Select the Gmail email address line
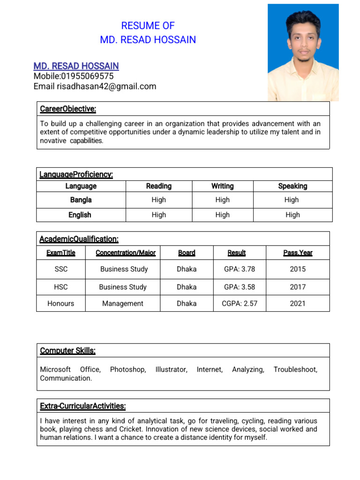click(x=95, y=86)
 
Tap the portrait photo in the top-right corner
click(x=303, y=52)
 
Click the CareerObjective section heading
click(x=68, y=109)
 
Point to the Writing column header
click(x=222, y=186)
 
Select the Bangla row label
click(x=81, y=200)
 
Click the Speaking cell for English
click(x=292, y=215)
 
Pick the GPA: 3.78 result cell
click(x=239, y=269)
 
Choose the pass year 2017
click(x=297, y=287)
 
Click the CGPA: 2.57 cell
click(x=239, y=303)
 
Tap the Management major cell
click(x=123, y=303)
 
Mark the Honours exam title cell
click(x=61, y=303)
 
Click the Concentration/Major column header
click(x=126, y=253)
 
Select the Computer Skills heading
click(x=68, y=351)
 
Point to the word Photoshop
click(x=127, y=369)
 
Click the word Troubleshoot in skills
click(x=295, y=369)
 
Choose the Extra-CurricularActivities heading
click(x=83, y=406)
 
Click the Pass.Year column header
click(x=298, y=253)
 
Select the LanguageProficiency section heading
click(x=76, y=175)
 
